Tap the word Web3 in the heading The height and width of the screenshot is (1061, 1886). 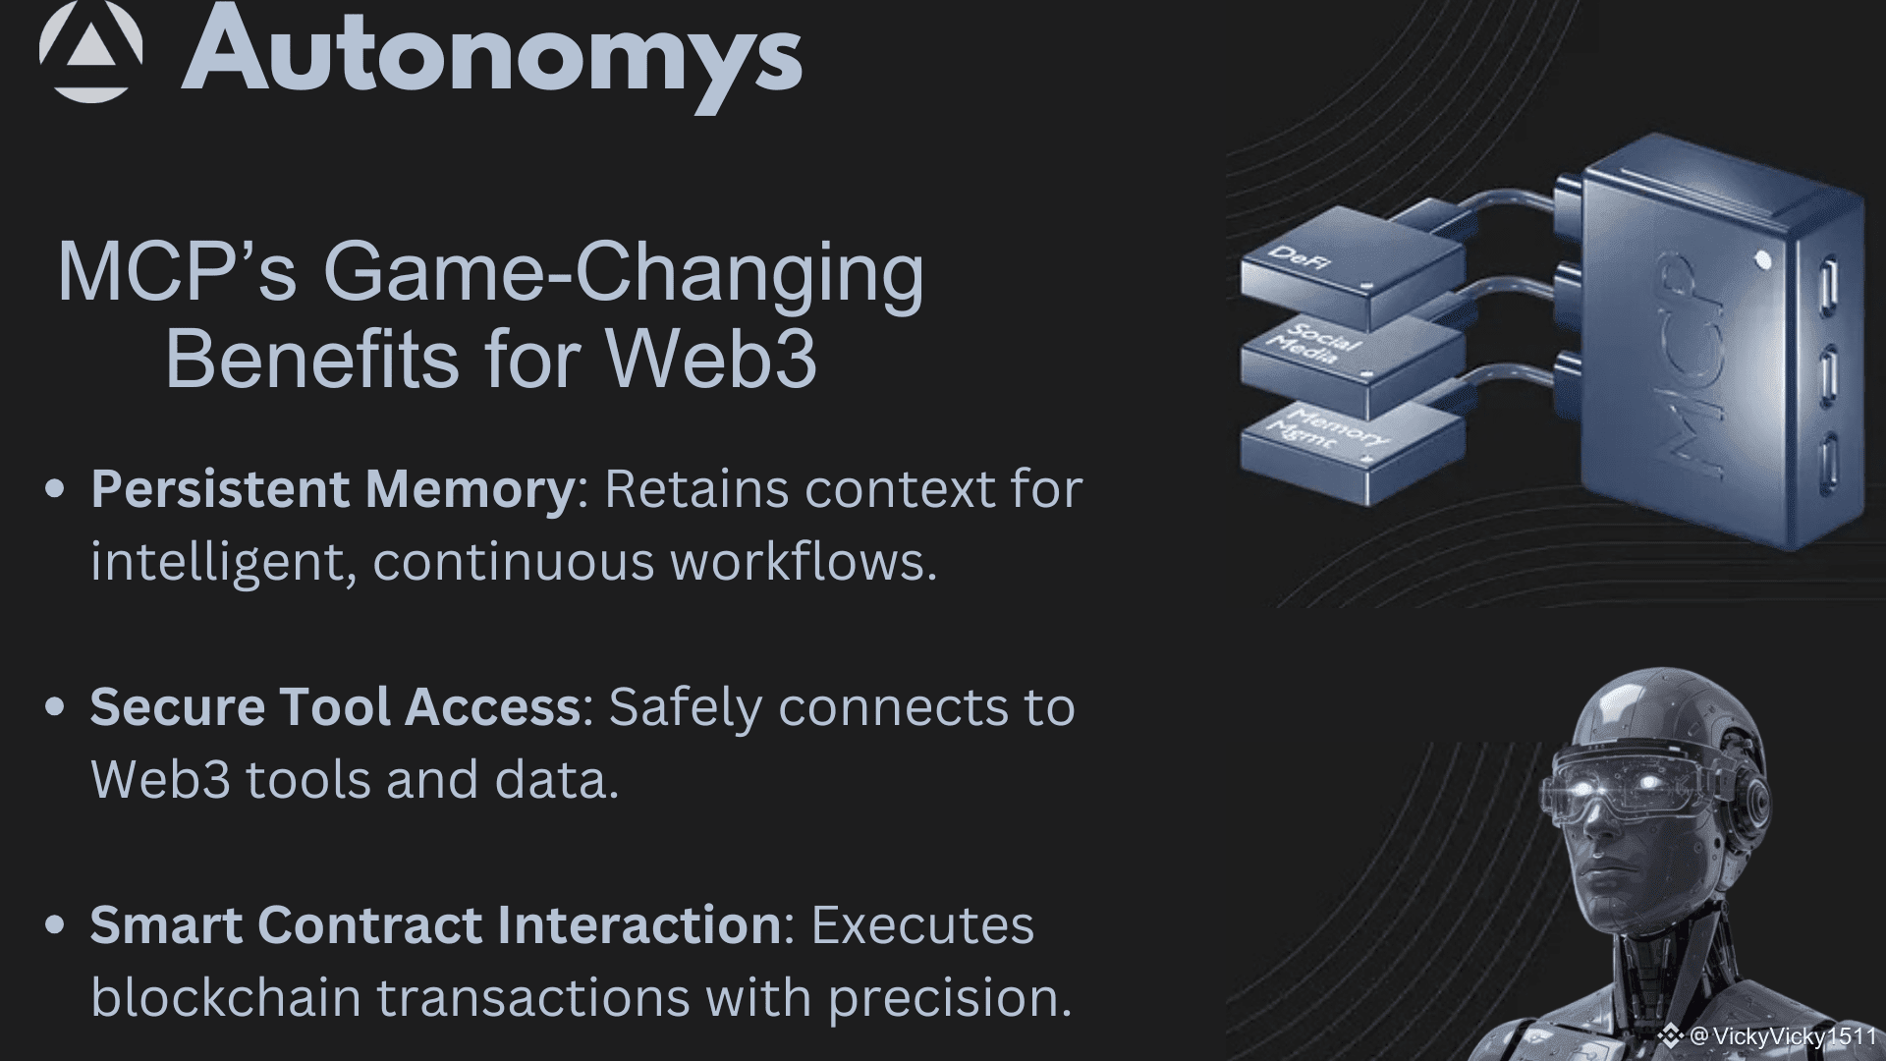[x=712, y=359]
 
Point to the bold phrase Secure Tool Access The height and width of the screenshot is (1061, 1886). [x=336, y=707]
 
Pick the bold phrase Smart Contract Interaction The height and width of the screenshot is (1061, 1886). [x=436, y=925]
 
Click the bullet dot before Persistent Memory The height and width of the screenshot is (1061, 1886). [x=56, y=489]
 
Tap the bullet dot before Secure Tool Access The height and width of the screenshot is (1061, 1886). [x=56, y=706]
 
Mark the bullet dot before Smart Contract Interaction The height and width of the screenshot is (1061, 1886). [x=56, y=924]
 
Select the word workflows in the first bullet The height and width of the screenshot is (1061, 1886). [x=804, y=562]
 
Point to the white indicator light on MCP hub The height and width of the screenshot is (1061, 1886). [x=1762, y=260]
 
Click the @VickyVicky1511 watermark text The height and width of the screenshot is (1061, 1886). [x=1782, y=1036]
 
